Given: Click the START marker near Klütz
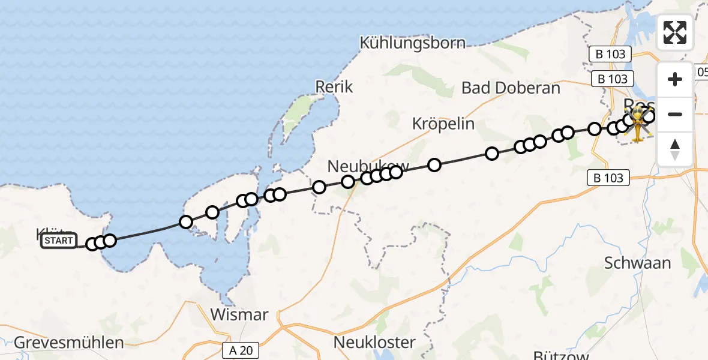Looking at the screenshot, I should click(x=59, y=241).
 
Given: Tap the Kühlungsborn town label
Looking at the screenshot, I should click(x=421, y=43).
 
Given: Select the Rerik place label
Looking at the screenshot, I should click(x=334, y=86).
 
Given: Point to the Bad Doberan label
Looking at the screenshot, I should click(x=511, y=88).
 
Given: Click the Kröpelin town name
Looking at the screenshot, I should click(x=443, y=124).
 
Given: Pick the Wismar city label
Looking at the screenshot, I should click(x=239, y=314).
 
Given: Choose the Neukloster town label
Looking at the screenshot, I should click(x=375, y=343).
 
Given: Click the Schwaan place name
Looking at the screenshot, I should click(x=637, y=263).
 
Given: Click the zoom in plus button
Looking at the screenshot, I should click(x=675, y=79).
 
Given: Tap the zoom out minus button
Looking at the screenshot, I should click(x=675, y=114).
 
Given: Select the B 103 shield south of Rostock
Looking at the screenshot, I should click(x=608, y=178).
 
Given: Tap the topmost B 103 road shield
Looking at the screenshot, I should click(x=611, y=54).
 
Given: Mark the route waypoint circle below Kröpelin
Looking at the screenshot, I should click(x=434, y=164).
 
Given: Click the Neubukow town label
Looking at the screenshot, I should click(x=368, y=166).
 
